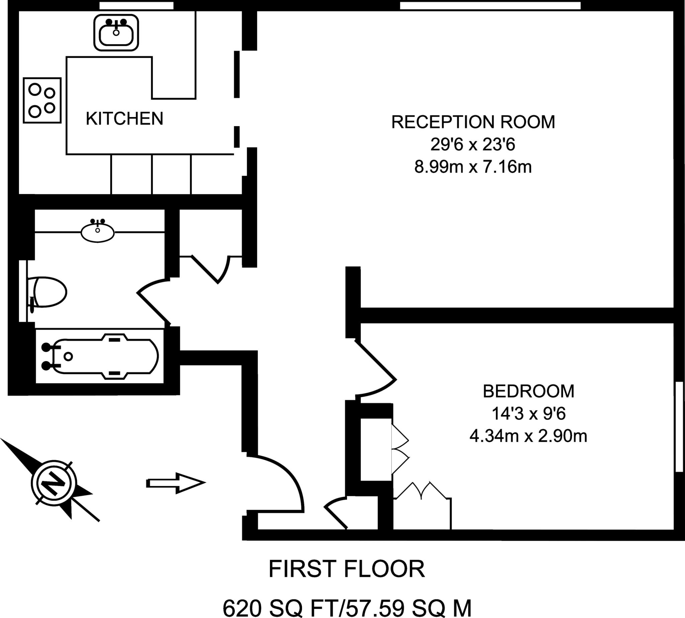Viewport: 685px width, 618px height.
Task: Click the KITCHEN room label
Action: [x=124, y=119]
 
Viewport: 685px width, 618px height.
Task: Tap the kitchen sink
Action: [x=116, y=33]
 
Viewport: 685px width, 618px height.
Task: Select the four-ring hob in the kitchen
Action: [x=42, y=101]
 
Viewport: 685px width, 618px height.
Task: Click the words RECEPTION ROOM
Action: [x=473, y=122]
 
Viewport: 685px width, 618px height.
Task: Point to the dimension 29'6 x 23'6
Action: [x=473, y=145]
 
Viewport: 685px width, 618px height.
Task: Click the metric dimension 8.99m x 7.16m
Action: [x=473, y=167]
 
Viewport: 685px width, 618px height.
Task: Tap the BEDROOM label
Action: [x=528, y=392]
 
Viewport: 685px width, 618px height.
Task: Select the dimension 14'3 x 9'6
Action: [x=528, y=414]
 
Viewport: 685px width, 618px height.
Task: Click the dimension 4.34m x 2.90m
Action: [x=528, y=436]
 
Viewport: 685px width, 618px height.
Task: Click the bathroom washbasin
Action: [x=98, y=233]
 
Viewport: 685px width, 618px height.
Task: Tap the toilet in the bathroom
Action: [x=49, y=292]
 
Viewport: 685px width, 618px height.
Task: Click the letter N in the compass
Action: [x=54, y=483]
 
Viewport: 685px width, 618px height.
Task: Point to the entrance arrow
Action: [x=176, y=483]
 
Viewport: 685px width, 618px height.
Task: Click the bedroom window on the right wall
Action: [x=679, y=426]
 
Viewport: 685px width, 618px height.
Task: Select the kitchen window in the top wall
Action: [x=136, y=5]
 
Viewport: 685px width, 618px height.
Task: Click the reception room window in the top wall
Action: [x=490, y=5]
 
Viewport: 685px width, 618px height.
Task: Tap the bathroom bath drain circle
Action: [x=68, y=356]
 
